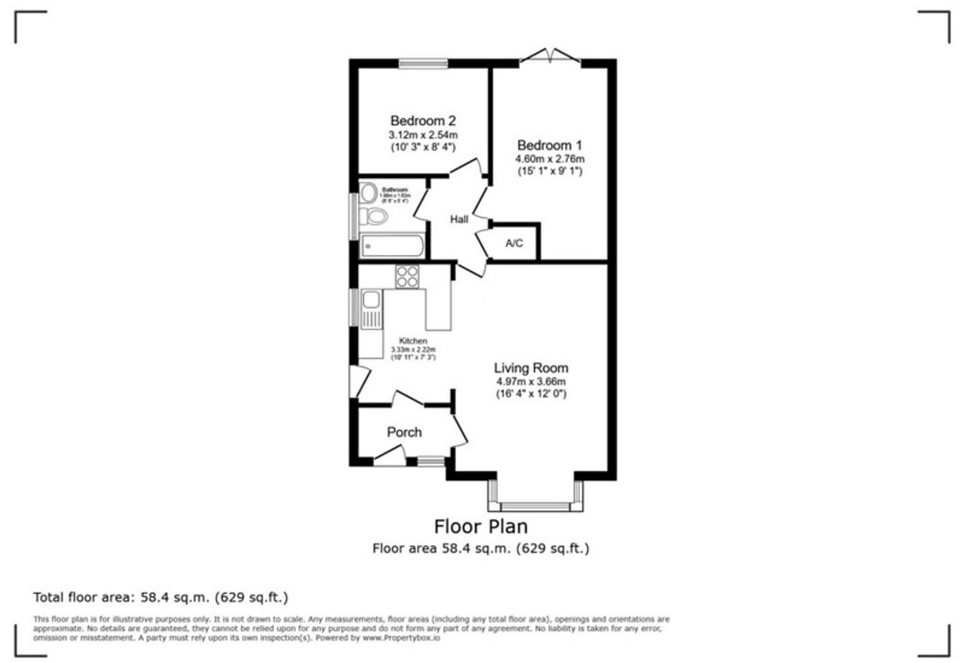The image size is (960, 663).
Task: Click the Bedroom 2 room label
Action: click(422, 120)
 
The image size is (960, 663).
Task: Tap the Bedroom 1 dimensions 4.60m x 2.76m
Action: click(549, 159)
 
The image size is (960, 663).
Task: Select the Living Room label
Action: click(531, 368)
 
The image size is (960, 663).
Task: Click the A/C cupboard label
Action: click(514, 243)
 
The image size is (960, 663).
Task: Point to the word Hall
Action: click(459, 220)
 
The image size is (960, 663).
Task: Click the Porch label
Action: click(404, 432)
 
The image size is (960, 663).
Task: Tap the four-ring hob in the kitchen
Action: click(407, 277)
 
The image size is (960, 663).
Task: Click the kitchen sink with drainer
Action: click(371, 308)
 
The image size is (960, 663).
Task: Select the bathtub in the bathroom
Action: click(392, 246)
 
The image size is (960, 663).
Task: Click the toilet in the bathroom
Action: click(373, 216)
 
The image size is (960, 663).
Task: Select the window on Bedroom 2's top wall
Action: click(423, 63)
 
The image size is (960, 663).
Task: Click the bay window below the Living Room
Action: click(535, 506)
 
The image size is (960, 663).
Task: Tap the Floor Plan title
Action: click(480, 526)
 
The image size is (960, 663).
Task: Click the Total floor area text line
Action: click(160, 597)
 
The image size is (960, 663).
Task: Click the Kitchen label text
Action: click(413, 341)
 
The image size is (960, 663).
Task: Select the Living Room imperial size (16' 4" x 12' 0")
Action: click(531, 394)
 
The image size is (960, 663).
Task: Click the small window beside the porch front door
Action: click(430, 461)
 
